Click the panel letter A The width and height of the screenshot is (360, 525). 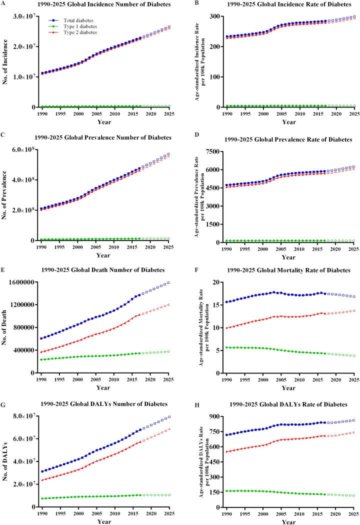(x=3, y=4)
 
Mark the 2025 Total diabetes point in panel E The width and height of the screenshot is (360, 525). (x=168, y=282)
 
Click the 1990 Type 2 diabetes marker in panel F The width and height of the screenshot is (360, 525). (x=227, y=328)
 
